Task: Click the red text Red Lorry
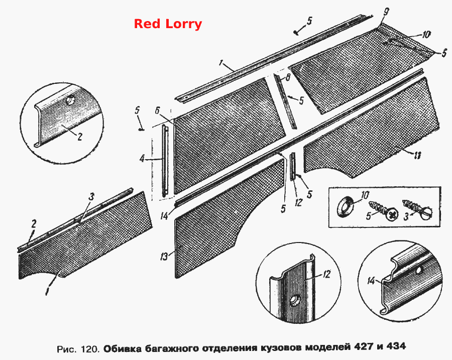pyautogui.click(x=168, y=24)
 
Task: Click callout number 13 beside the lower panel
pyautogui.click(x=164, y=257)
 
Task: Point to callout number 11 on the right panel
pyautogui.click(x=417, y=155)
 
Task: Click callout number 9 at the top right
pyautogui.click(x=386, y=12)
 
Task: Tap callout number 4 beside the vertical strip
pyautogui.click(x=142, y=158)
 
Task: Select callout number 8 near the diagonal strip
pyautogui.click(x=287, y=77)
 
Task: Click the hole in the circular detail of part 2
pyautogui.click(x=70, y=101)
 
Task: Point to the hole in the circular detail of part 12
pyautogui.click(x=294, y=299)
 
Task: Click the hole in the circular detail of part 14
pyautogui.click(x=419, y=270)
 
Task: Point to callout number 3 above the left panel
pyautogui.click(x=91, y=197)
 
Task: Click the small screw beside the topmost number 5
pyautogui.click(x=296, y=32)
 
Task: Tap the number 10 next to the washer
pyautogui.click(x=365, y=195)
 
